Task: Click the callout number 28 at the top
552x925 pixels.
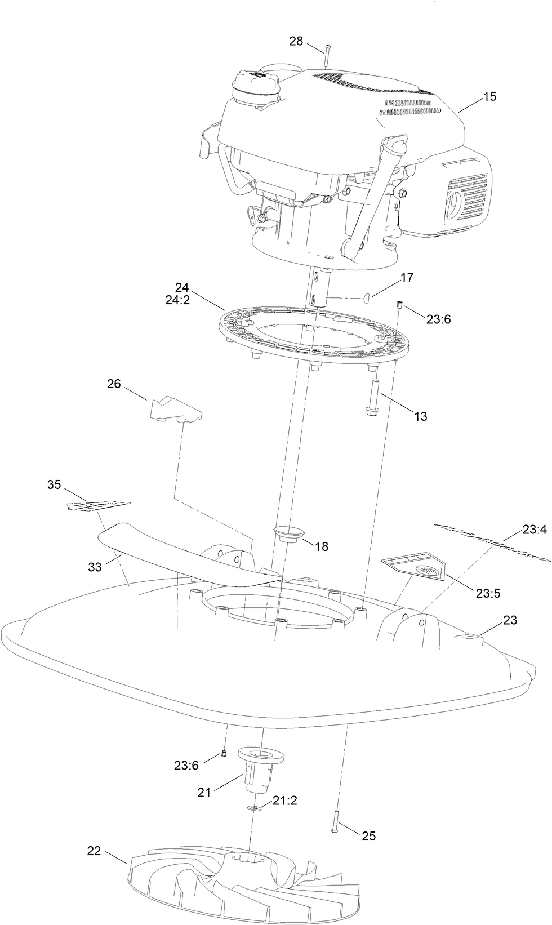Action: (x=296, y=41)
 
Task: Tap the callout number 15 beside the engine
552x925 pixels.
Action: (x=489, y=96)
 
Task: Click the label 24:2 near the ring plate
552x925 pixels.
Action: (x=177, y=300)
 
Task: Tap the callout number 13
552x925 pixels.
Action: (x=420, y=416)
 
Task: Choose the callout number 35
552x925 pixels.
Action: (x=54, y=484)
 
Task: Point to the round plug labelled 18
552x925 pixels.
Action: (x=289, y=533)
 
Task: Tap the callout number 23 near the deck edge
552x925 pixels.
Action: (x=510, y=620)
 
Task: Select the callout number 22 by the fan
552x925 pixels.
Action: (x=94, y=851)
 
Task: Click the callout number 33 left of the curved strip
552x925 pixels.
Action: (x=95, y=567)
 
